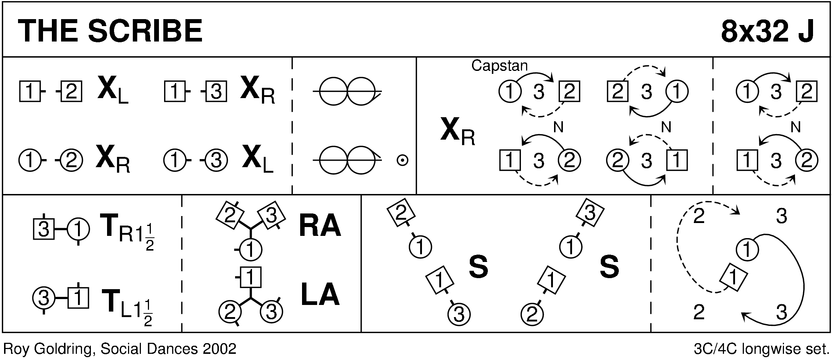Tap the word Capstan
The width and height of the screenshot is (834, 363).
coord(499,66)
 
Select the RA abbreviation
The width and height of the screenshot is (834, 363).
coord(320,226)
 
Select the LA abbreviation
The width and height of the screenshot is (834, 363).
coord(320,295)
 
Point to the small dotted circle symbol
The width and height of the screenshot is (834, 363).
coord(402,161)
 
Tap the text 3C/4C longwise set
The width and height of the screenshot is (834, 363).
coord(761,349)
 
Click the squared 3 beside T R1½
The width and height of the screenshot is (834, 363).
coord(44,230)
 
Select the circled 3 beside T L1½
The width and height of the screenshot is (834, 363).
coord(44,298)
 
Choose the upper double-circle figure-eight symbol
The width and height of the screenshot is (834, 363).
coord(347,91)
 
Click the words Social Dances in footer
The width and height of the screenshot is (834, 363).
coord(149,349)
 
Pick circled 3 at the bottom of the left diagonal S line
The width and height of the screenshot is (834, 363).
coord(459,314)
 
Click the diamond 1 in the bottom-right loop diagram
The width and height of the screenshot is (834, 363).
coord(733,278)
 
